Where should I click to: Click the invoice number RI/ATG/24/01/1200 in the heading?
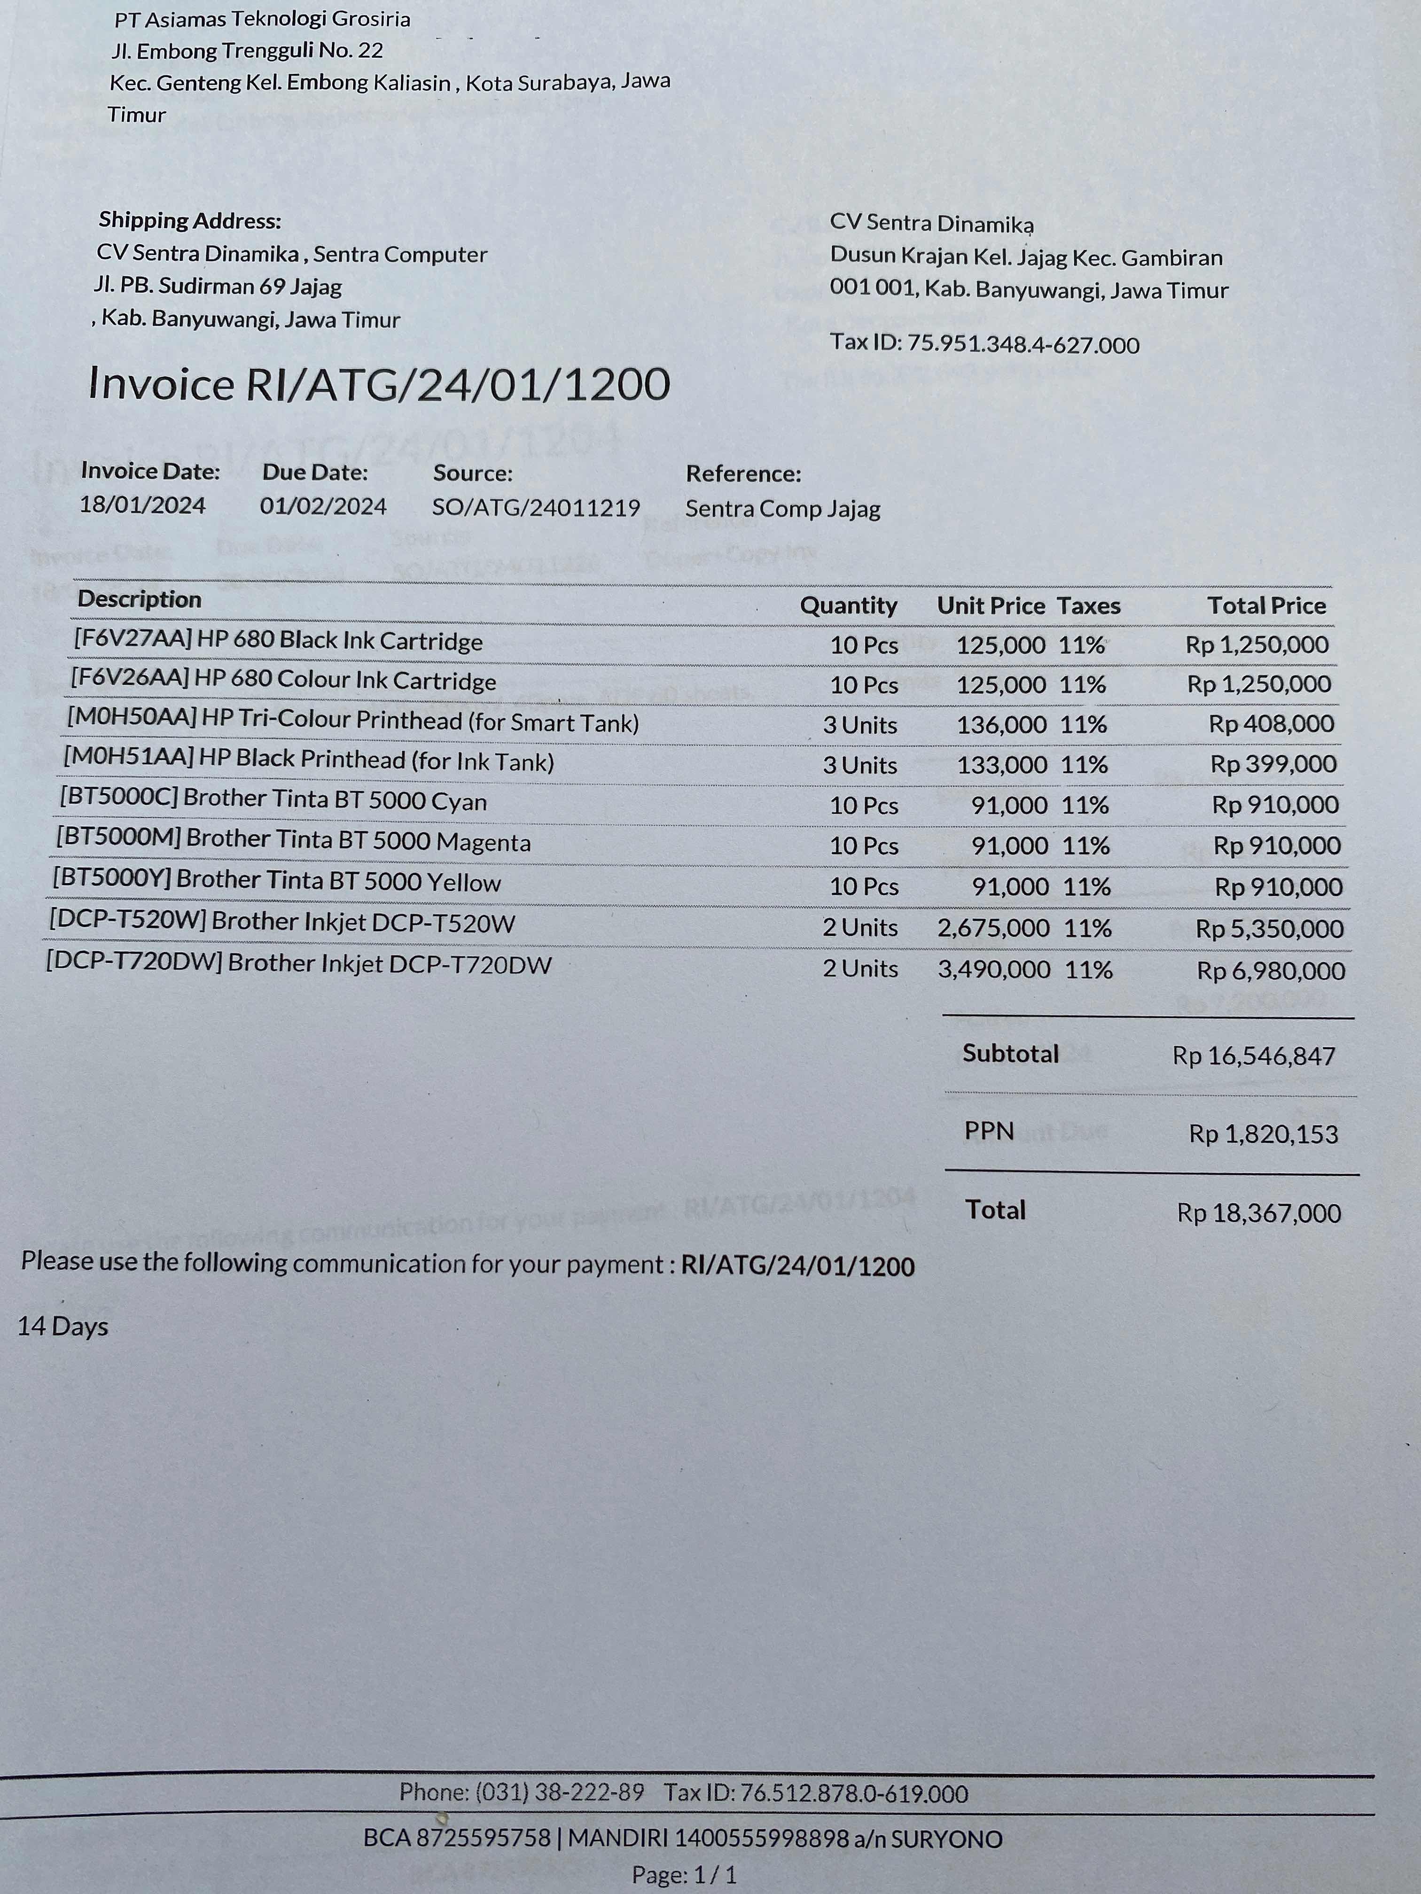tap(457, 384)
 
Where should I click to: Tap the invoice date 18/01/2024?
tap(142, 505)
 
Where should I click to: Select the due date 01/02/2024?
tap(323, 506)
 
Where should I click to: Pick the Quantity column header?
tap(848, 606)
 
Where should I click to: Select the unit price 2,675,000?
tap(993, 928)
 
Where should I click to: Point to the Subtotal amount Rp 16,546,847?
tap(1253, 1056)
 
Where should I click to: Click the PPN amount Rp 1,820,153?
tap(1263, 1134)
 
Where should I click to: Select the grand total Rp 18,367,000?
tap(1258, 1213)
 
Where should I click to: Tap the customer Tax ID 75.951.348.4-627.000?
tap(1023, 345)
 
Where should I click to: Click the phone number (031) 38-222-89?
tap(559, 1792)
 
